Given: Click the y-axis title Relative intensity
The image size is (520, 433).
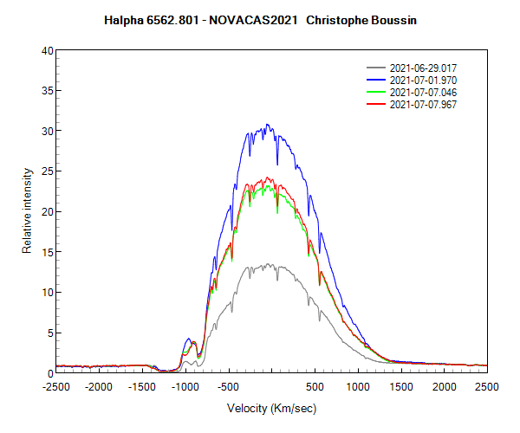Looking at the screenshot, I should pyautogui.click(x=27, y=211).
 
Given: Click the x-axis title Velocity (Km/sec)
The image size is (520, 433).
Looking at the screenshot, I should pyautogui.click(x=271, y=407).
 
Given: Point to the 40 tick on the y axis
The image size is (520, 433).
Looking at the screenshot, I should pyautogui.click(x=49, y=50).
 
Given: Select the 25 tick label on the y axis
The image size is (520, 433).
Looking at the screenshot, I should pyautogui.click(x=49, y=171).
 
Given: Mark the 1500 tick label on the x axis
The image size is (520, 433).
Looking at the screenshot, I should pyautogui.click(x=401, y=386).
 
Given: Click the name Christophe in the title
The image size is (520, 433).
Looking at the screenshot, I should pyautogui.click(x=337, y=18).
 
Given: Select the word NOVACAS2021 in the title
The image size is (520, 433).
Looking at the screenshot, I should pyautogui.click(x=257, y=18).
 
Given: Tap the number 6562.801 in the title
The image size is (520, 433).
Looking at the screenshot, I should pyautogui.click(x=181, y=18).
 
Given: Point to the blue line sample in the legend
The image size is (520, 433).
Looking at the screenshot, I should pyautogui.click(x=376, y=80).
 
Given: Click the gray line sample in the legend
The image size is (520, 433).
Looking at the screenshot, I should pyautogui.click(x=376, y=68).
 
